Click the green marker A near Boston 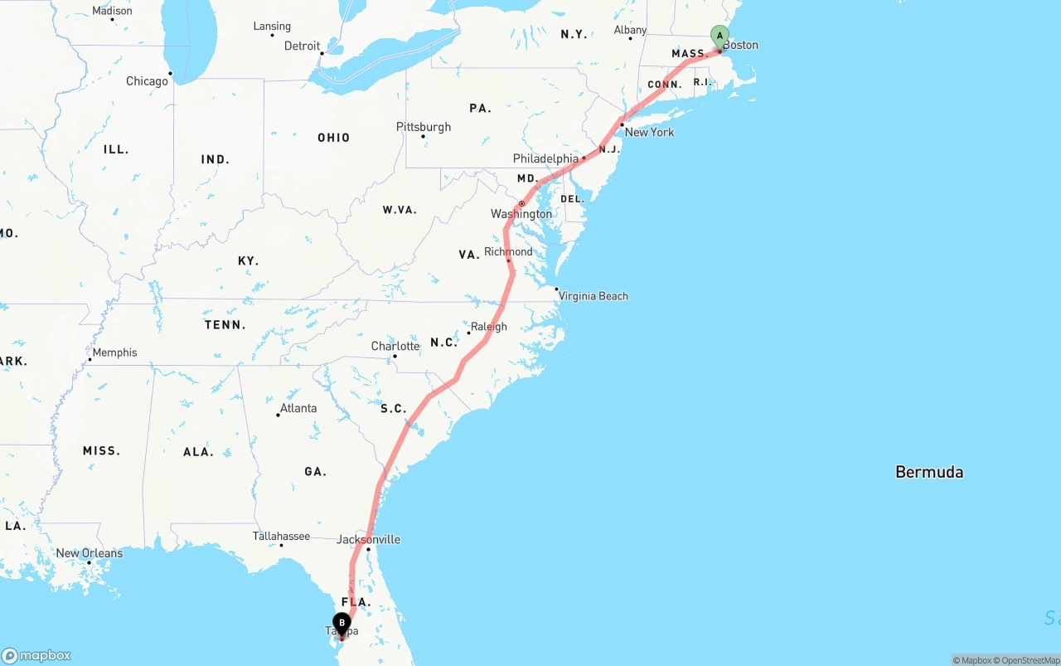coord(719,36)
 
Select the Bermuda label coord(929,472)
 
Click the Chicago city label coord(147,81)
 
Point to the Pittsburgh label coord(424,127)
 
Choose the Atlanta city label coord(298,408)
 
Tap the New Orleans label coord(90,553)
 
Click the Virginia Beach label coord(593,296)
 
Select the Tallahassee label coord(281,536)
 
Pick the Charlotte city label coord(395,346)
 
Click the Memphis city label coord(114,352)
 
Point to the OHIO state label coord(333,138)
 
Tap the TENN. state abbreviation coord(225,325)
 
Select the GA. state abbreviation coord(315,472)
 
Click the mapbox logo coord(36,655)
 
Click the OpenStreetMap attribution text coord(1030,660)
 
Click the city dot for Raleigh coord(468,333)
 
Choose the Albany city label coord(630,31)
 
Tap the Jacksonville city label coord(369,540)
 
